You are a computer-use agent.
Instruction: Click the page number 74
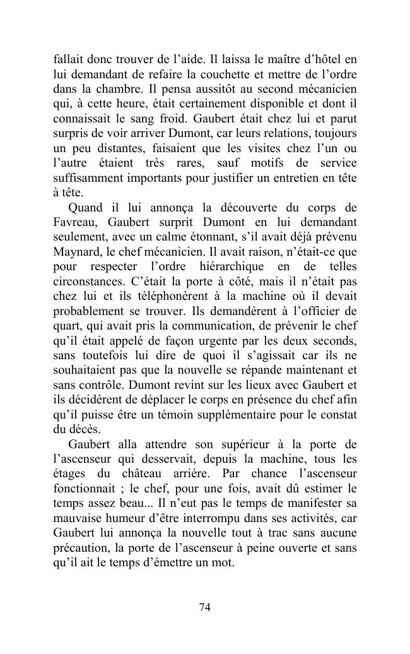pyautogui.click(x=204, y=607)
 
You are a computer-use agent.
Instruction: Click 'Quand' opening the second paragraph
pyautogui.click(x=86, y=207)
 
